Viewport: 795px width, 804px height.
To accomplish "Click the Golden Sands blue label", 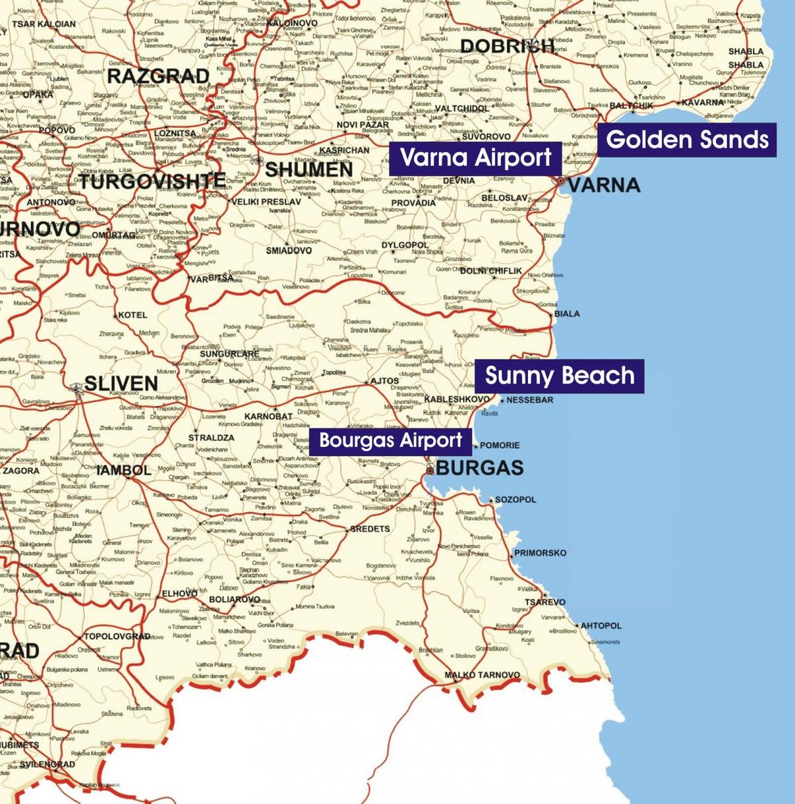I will [687, 140].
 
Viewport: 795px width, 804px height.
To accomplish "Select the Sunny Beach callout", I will [559, 376].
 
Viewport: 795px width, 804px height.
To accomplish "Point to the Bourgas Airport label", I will [390, 440].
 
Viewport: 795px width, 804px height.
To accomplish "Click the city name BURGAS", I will [480, 468].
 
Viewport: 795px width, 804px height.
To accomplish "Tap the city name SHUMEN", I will [309, 170].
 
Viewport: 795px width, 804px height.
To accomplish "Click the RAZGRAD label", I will [158, 76].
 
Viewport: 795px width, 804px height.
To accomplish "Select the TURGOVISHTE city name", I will [152, 180].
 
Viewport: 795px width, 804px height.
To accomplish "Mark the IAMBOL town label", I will [125, 470].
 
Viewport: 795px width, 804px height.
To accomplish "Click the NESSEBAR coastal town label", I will [529, 400].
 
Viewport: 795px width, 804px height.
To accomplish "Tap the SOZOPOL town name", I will [515, 499].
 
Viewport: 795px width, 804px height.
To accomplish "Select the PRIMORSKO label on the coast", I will [540, 552].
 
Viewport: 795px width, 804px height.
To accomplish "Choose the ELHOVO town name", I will [180, 594].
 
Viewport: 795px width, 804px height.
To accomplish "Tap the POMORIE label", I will [500, 445].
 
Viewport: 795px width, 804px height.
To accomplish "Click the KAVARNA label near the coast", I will [702, 103].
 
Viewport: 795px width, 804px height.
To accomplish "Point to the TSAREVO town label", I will [545, 602].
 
